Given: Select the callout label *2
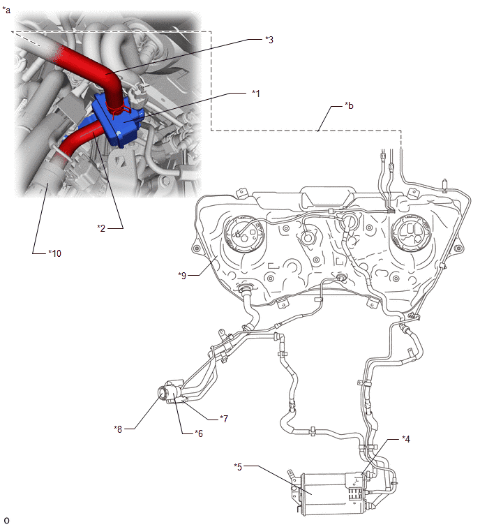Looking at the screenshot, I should tap(102, 227).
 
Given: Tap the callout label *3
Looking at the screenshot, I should tap(269, 40).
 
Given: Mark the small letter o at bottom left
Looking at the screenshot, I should tap(6, 520).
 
